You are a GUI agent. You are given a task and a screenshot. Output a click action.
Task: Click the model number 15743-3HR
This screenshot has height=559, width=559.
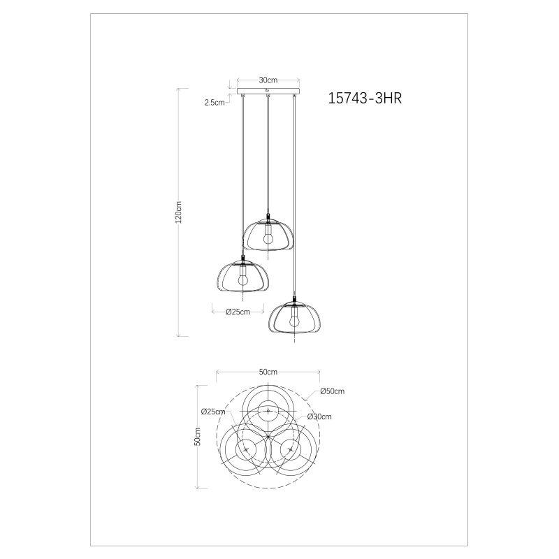tap(365, 98)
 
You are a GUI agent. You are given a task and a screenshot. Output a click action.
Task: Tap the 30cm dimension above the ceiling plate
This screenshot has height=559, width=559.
tap(268, 80)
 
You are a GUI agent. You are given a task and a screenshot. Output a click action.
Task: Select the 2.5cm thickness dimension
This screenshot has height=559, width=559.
tap(215, 103)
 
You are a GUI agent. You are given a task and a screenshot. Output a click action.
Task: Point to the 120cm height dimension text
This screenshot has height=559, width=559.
tap(179, 212)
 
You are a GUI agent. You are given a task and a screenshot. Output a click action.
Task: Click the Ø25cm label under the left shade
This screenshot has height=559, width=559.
tap(238, 312)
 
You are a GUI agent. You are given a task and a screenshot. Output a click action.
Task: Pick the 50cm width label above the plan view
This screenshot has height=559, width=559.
tap(268, 372)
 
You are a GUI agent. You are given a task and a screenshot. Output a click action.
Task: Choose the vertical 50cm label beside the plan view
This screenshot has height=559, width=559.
tap(198, 436)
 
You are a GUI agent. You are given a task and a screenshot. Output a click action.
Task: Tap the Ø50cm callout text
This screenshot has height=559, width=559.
tap(333, 391)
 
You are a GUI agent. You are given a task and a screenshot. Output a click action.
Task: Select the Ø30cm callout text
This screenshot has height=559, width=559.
tap(319, 416)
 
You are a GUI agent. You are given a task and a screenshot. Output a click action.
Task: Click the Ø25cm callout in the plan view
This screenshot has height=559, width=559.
tap(213, 412)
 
